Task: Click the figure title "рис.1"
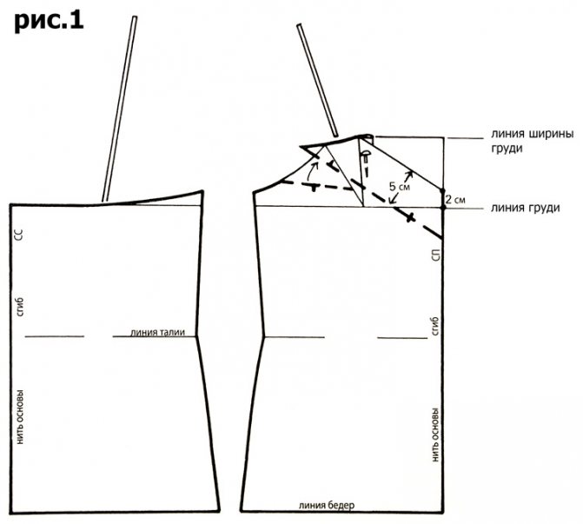point(49,22)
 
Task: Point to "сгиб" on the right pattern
point(435,326)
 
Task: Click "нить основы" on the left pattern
point(20,416)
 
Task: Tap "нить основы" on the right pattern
point(435,434)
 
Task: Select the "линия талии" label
point(157,332)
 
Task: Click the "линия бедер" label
point(327,506)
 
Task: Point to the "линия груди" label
point(525,208)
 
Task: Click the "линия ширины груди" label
point(532,141)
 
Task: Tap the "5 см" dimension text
point(399,186)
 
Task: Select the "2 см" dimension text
point(455,200)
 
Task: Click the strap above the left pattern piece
point(119,109)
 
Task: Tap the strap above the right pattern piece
point(317,80)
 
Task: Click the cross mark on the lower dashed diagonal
point(410,217)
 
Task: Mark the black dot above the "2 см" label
point(442,190)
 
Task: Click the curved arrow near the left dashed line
point(311,172)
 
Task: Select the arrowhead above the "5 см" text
point(410,173)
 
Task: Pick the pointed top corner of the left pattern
point(202,191)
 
